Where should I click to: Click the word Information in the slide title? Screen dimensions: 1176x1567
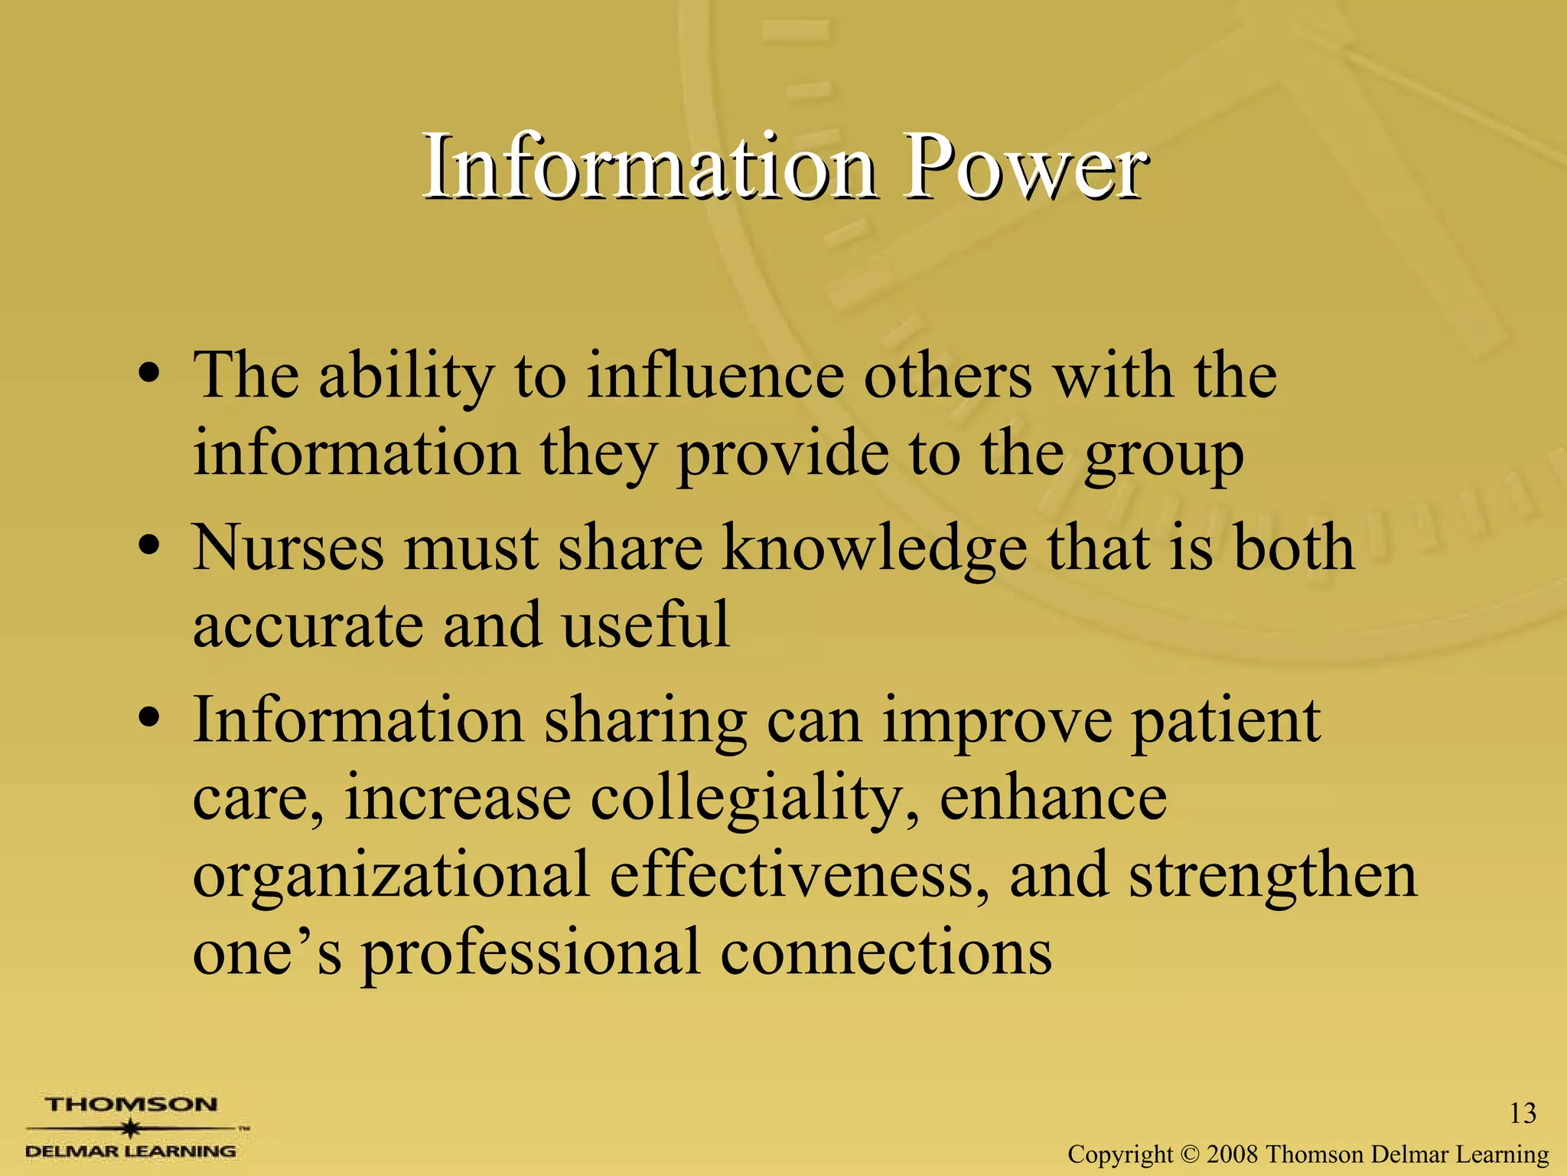coord(649,167)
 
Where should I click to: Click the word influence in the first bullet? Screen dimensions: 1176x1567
coord(715,376)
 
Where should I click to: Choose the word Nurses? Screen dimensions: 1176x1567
coord(288,547)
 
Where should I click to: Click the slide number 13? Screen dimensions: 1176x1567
coord(1523,1113)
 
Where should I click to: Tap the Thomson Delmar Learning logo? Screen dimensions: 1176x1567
coord(132,1127)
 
